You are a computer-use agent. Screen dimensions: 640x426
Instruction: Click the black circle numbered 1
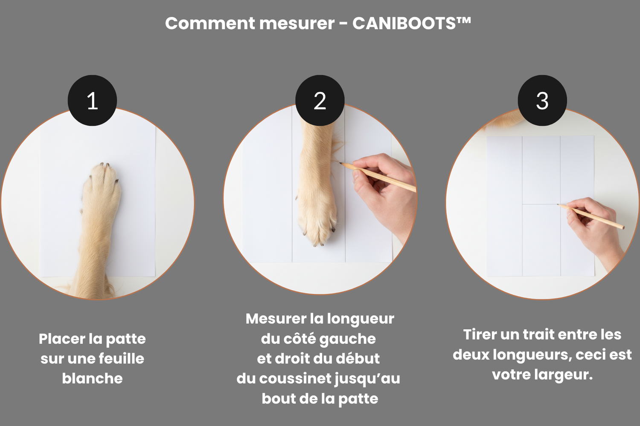(x=92, y=101)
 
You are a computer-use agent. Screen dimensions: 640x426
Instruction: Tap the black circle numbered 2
(x=320, y=101)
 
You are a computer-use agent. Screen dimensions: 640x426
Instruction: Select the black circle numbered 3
(x=542, y=101)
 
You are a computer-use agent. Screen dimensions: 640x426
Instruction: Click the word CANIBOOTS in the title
(x=404, y=23)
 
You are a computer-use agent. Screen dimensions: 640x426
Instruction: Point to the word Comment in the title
(x=210, y=23)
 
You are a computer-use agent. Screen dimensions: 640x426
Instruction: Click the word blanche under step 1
(x=92, y=378)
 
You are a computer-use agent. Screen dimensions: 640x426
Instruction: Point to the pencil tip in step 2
(x=340, y=163)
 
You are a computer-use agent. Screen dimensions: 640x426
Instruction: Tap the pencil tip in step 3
(x=558, y=204)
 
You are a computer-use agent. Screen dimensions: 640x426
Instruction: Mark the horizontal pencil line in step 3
(x=540, y=204)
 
